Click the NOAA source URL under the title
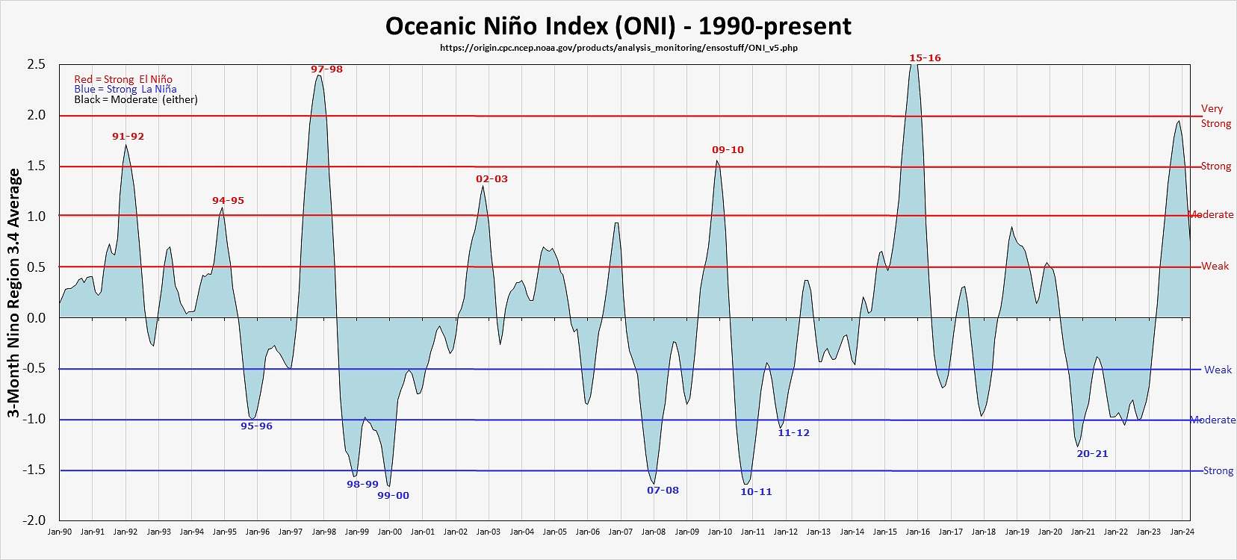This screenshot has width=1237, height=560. click(618, 48)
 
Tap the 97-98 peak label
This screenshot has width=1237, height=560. click(326, 69)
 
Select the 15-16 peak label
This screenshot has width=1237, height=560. click(925, 58)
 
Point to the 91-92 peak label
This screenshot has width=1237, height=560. click(128, 137)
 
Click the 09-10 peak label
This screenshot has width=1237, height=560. click(728, 150)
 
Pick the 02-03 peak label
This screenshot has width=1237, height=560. click(492, 179)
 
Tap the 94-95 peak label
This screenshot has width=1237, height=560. click(228, 201)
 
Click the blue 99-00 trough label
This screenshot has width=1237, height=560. click(393, 496)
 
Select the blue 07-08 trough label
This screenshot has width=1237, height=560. click(663, 491)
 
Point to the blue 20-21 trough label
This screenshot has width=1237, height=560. click(1092, 454)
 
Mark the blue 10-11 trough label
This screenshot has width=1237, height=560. click(756, 492)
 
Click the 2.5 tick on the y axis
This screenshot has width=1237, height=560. click(37, 65)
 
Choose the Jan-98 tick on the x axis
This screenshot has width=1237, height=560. click(323, 532)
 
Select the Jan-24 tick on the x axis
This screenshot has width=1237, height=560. click(1182, 532)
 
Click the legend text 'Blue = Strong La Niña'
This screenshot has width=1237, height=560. click(125, 90)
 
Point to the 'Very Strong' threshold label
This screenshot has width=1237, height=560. click(1215, 116)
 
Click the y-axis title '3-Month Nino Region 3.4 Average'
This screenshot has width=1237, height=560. click(13, 293)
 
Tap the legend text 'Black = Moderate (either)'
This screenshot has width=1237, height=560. click(135, 100)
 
